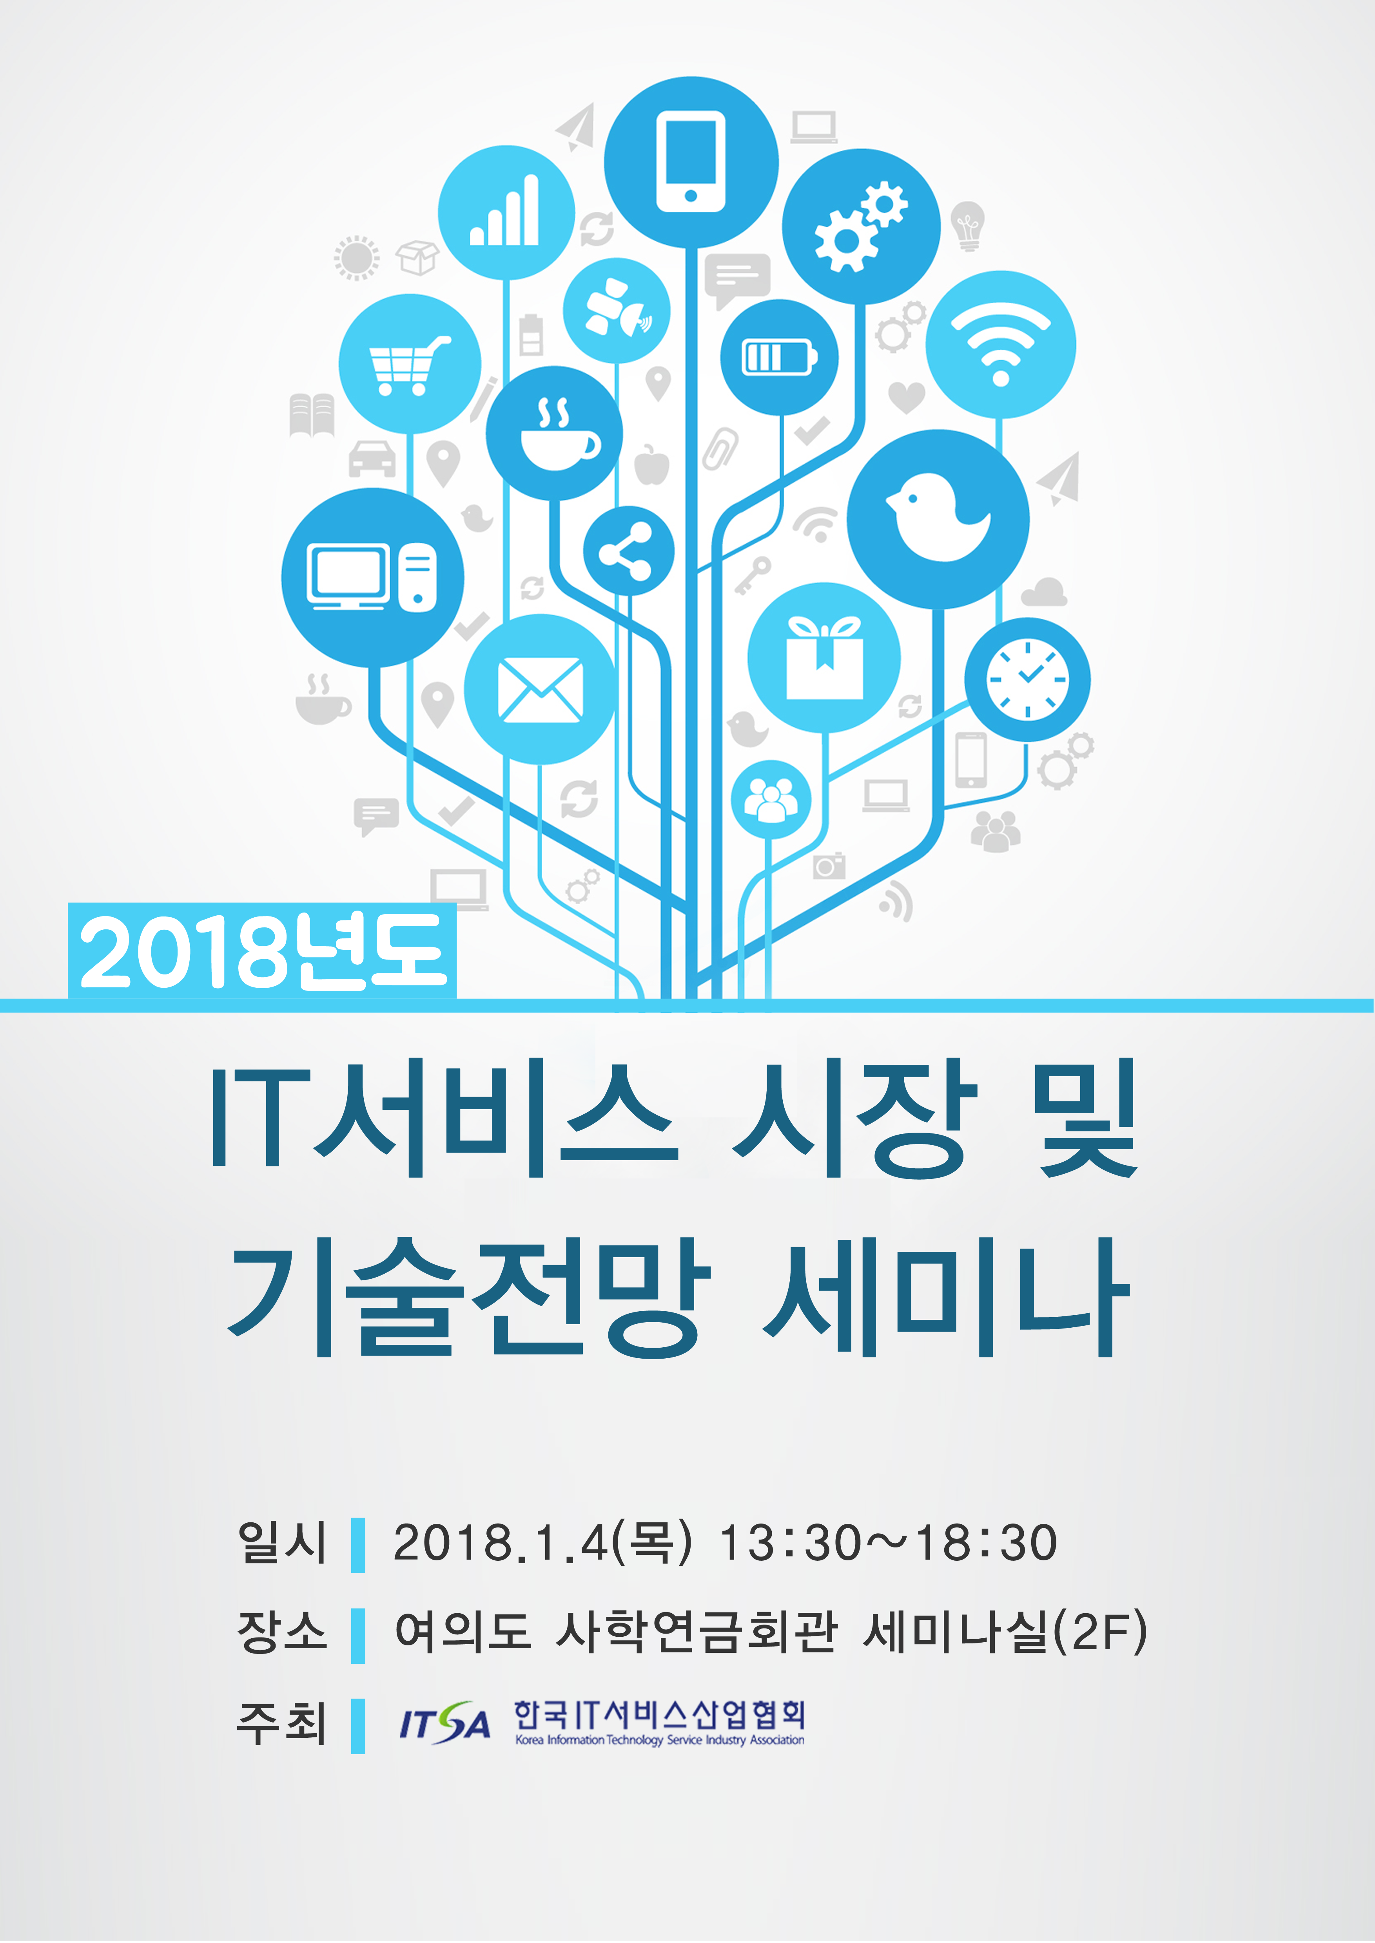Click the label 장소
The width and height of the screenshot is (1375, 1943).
coord(282,1631)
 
